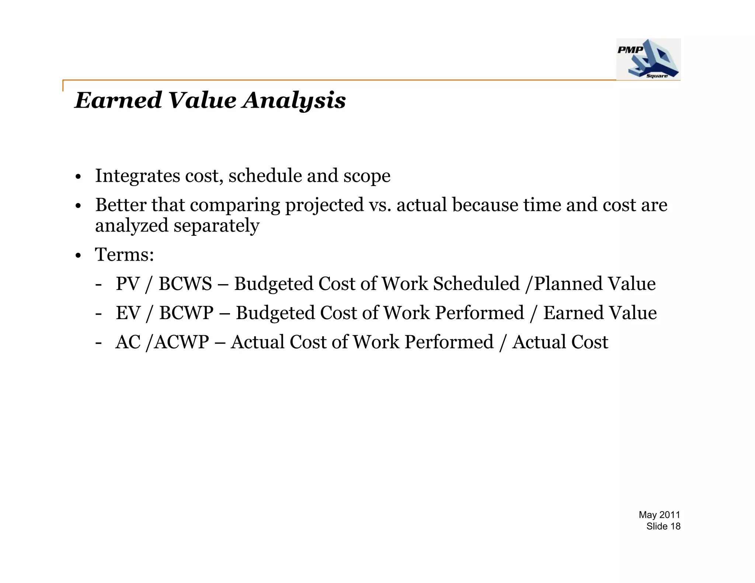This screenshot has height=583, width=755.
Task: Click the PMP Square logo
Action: coord(648,59)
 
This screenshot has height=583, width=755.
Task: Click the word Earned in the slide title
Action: coord(118,100)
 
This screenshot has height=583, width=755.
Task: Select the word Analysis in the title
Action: coord(294,100)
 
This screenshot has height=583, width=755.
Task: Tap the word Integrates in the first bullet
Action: coord(138,176)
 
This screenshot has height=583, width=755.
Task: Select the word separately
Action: coord(216,226)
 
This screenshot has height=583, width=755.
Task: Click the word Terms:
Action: coord(125,255)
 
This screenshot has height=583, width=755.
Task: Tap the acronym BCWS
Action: coord(185,284)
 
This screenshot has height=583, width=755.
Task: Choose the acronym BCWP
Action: coord(186,313)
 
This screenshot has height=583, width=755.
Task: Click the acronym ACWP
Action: coord(181,342)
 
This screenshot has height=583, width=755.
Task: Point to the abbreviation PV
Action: coord(128,284)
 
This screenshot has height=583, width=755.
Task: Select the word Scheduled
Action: coord(476,284)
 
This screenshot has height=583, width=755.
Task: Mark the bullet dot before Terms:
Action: coord(78,255)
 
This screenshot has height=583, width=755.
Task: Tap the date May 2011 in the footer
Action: coord(659,515)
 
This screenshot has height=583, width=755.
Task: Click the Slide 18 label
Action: coord(663,526)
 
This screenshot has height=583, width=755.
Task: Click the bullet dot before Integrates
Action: coord(78,177)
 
